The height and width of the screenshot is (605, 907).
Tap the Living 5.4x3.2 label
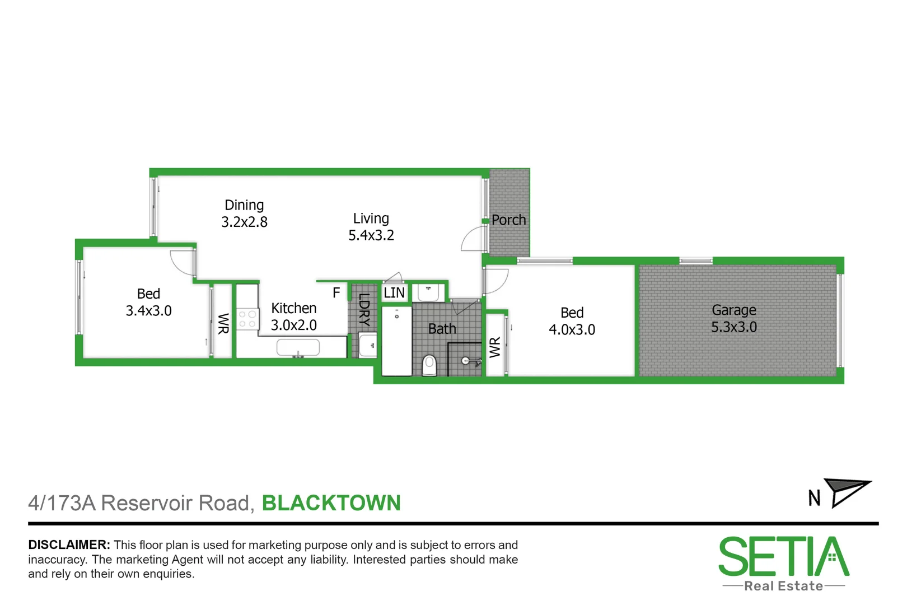[x=371, y=227]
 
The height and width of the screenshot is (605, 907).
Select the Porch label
[x=508, y=220]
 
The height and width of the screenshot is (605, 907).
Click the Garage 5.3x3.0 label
[x=733, y=318]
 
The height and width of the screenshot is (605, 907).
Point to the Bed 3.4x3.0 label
[x=148, y=302]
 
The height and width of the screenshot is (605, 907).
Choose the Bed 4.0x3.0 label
[x=572, y=321]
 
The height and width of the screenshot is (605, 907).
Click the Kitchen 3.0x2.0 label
[x=293, y=317]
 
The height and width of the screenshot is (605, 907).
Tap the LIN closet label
[x=394, y=293]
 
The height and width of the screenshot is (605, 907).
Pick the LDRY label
[x=364, y=310]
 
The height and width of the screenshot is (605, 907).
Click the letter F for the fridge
[x=336, y=292]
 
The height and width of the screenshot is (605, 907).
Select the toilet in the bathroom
[x=429, y=365]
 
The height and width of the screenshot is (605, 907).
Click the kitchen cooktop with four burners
[x=247, y=319]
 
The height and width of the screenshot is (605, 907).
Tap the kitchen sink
[x=298, y=348]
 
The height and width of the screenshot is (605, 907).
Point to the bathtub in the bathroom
[x=396, y=341]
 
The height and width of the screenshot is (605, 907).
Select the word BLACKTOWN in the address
[x=331, y=503]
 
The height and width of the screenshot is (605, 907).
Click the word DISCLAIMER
[x=69, y=544]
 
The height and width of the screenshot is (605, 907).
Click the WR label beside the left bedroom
[x=223, y=323]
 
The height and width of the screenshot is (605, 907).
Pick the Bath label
[x=442, y=329]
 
